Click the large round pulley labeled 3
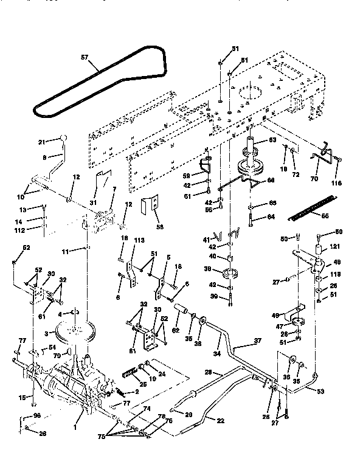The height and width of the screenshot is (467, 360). coord(75,333)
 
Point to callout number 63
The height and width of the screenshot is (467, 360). coord(257,140)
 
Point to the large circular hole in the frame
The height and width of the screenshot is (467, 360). coord(250,95)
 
